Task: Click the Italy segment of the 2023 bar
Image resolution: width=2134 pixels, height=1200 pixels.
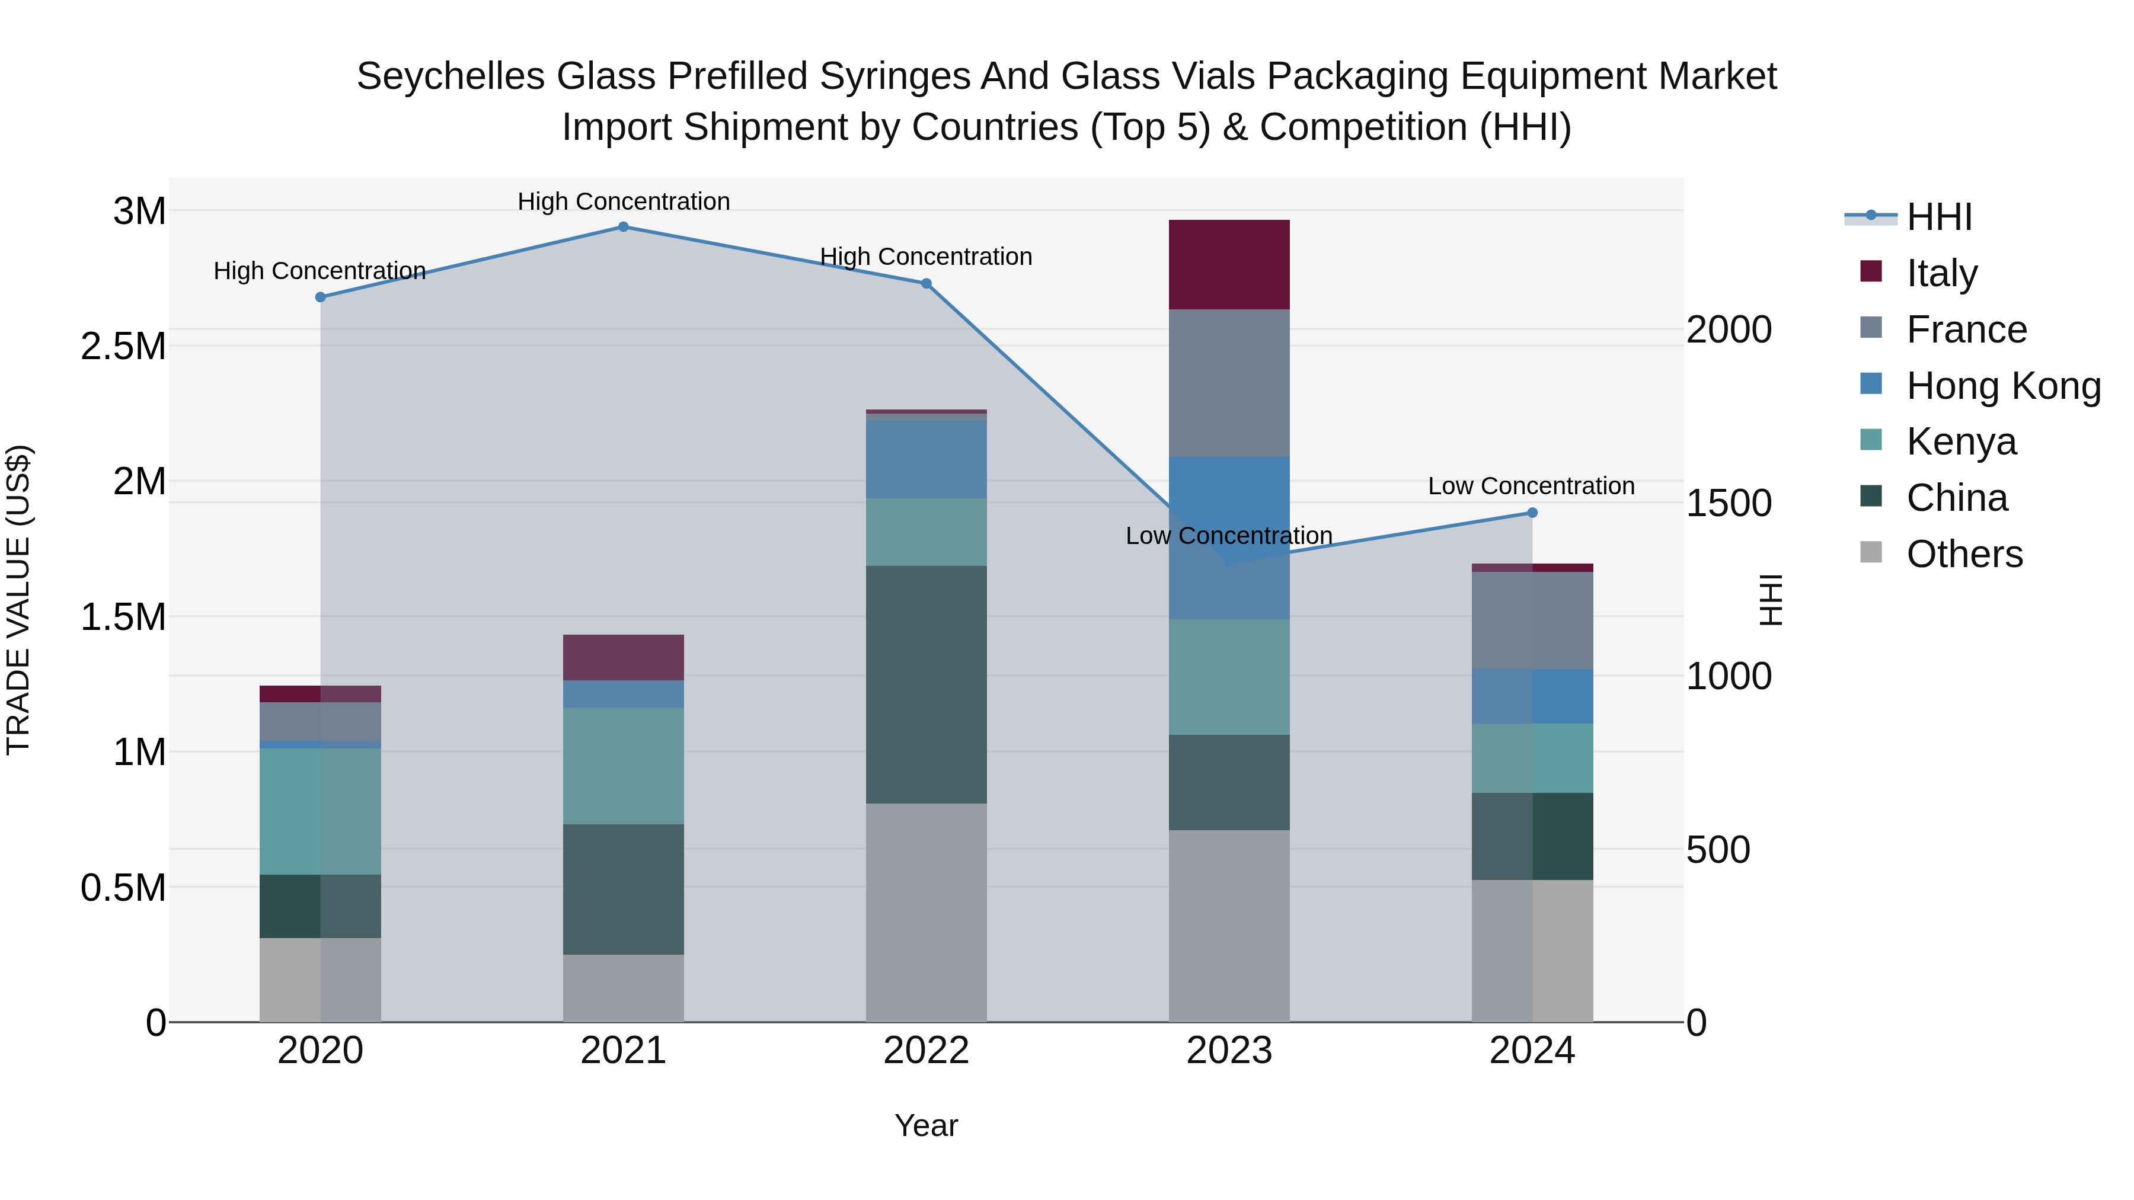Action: coord(1229,264)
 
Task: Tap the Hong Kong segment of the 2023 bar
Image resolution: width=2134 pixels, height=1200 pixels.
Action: coord(1229,537)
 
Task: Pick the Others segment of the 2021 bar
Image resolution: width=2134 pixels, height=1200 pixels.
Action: coord(623,988)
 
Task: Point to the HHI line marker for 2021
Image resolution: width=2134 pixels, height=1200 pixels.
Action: coord(624,227)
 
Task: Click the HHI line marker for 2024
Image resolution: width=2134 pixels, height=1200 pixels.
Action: coord(1532,513)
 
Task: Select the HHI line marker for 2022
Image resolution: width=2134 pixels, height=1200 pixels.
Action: coord(926,283)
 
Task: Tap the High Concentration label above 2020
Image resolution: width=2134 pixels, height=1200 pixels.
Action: coord(320,271)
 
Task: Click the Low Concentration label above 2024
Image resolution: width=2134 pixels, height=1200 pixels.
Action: coord(1531,486)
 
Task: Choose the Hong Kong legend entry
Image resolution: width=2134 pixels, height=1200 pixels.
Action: coord(2003,386)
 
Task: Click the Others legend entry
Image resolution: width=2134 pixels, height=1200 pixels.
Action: coord(1963,554)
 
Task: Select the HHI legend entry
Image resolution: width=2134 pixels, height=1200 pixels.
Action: coord(1938,217)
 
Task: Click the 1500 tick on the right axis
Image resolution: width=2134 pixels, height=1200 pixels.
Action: coord(1729,504)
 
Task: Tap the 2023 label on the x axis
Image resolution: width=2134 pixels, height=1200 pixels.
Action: coord(1229,1051)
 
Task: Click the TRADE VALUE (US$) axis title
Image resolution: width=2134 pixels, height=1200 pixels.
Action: coord(18,600)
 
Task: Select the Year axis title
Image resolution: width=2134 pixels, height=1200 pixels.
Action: coord(926,1125)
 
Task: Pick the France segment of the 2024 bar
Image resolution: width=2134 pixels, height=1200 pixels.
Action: coord(1532,620)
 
